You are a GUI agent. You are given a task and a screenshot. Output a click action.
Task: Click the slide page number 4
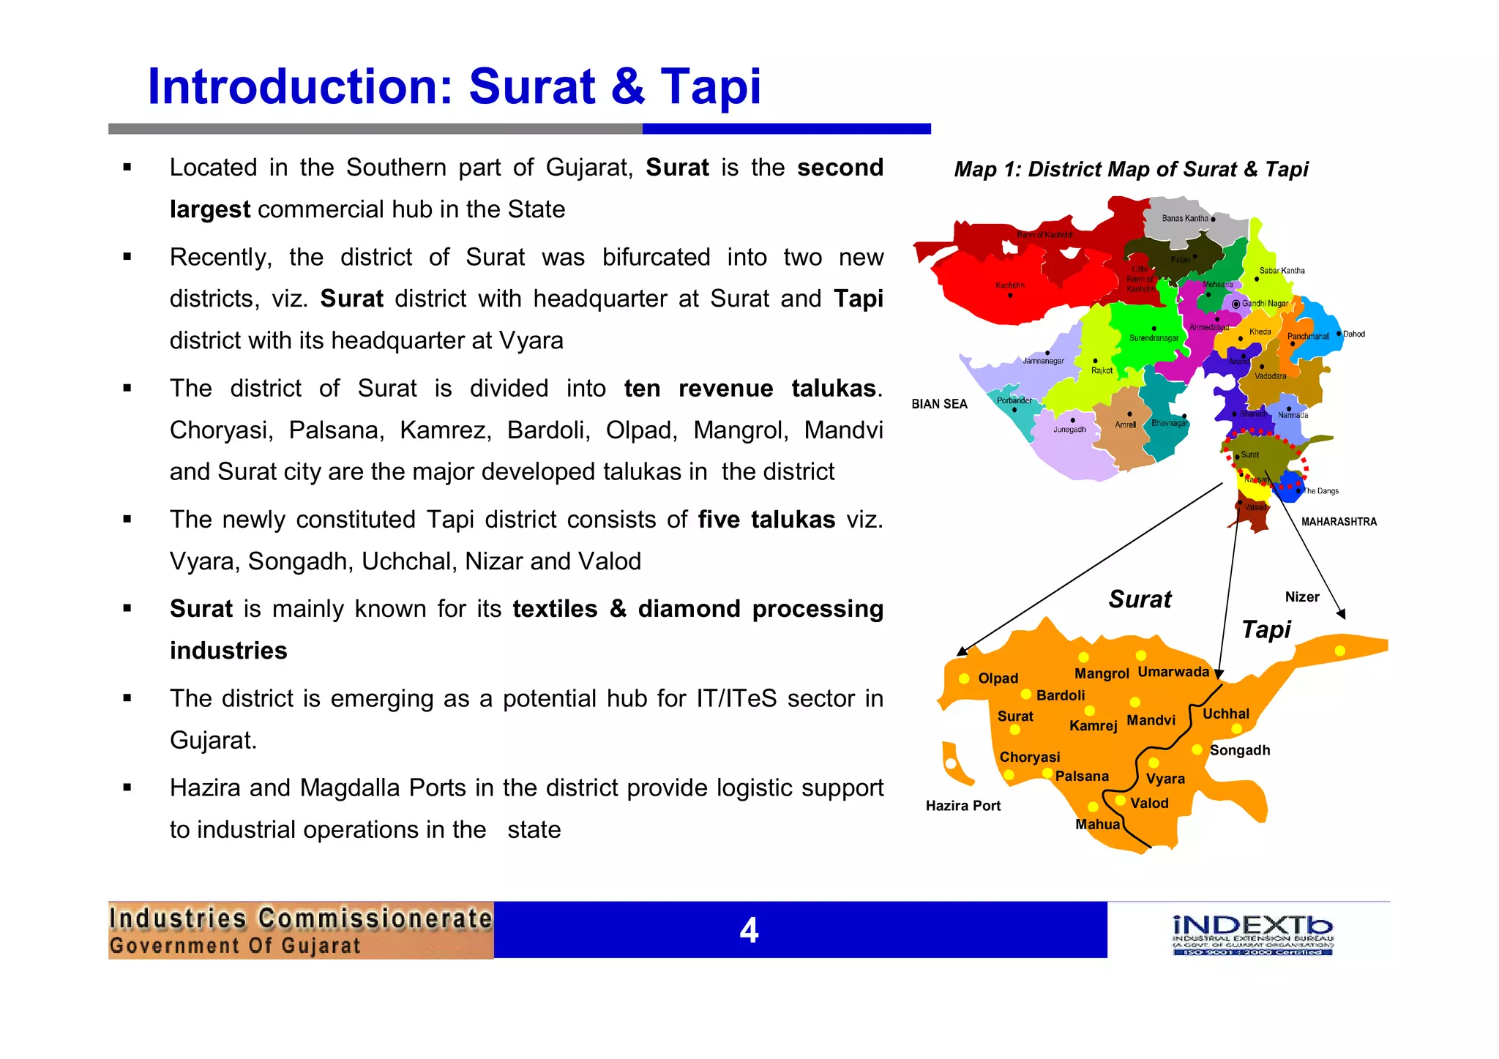click(749, 930)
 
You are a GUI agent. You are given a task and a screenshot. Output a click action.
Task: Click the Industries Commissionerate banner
click(301, 930)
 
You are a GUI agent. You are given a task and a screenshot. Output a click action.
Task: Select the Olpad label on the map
click(998, 678)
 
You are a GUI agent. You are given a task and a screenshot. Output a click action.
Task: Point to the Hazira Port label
click(962, 806)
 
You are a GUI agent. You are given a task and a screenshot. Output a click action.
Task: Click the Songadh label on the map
click(1240, 750)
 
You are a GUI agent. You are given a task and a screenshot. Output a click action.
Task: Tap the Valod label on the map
click(1149, 804)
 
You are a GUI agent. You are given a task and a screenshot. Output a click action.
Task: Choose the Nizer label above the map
click(1302, 597)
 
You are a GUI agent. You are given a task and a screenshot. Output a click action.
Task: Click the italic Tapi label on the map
click(1266, 630)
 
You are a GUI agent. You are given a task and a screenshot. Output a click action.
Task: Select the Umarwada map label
click(1173, 672)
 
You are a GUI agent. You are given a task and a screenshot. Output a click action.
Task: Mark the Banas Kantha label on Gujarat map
click(1184, 218)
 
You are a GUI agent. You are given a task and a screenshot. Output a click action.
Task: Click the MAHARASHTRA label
click(1339, 522)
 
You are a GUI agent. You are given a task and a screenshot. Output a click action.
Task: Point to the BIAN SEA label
click(939, 404)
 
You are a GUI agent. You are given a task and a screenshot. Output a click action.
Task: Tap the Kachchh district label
click(1009, 285)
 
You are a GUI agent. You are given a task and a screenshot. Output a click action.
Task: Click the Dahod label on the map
click(1353, 334)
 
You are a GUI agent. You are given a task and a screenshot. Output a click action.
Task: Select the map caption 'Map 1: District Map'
click(1131, 170)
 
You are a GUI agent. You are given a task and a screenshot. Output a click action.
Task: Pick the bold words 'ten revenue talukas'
click(749, 388)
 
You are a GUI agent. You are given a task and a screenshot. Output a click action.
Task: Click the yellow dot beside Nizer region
click(1339, 651)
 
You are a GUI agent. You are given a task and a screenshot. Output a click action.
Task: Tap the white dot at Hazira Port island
click(951, 763)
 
